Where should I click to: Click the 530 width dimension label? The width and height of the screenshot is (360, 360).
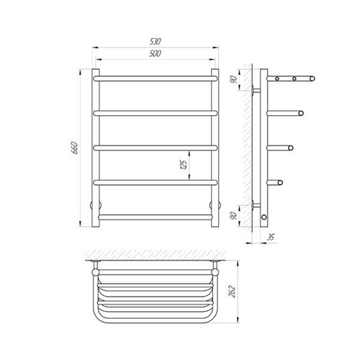click(x=155, y=42)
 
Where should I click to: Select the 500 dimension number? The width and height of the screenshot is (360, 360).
click(x=155, y=53)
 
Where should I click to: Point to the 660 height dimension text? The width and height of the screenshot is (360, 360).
click(x=75, y=148)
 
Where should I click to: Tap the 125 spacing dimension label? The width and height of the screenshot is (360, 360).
click(x=184, y=165)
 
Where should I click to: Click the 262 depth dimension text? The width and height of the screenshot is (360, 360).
click(x=233, y=292)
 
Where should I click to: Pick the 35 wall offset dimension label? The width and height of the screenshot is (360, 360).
click(x=271, y=238)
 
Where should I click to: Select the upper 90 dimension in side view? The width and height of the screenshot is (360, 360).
click(x=233, y=79)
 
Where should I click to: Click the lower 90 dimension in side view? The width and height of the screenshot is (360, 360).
click(x=233, y=216)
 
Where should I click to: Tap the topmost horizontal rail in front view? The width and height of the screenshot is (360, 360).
click(x=156, y=78)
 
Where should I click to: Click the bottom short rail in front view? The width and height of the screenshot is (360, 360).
click(x=156, y=217)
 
